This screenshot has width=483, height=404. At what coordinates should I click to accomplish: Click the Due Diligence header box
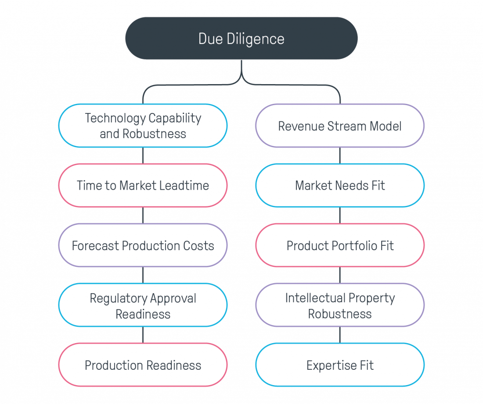pyautogui.click(x=241, y=39)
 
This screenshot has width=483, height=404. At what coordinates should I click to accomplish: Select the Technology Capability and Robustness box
pyautogui.click(x=143, y=126)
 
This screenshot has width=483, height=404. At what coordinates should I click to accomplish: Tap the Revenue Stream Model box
pyautogui.click(x=340, y=126)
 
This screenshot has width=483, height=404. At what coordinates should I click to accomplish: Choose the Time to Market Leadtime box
pyautogui.click(x=143, y=185)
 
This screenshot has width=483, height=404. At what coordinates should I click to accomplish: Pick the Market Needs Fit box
pyautogui.click(x=340, y=185)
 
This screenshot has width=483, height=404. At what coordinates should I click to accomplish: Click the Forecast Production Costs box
pyautogui.click(x=143, y=245)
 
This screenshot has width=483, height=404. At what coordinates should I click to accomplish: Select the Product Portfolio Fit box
pyautogui.click(x=340, y=245)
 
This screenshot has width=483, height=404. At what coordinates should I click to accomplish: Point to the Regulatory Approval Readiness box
pyautogui.click(x=143, y=305)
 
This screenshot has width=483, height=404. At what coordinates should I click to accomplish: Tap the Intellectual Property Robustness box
pyautogui.click(x=340, y=305)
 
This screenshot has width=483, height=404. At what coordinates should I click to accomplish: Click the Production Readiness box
pyautogui.click(x=143, y=365)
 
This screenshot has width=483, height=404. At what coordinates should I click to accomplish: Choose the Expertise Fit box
pyautogui.click(x=340, y=365)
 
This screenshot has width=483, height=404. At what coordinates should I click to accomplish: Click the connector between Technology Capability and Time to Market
pyautogui.click(x=143, y=156)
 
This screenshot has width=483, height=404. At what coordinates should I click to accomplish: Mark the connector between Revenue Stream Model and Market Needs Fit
pyautogui.click(x=340, y=156)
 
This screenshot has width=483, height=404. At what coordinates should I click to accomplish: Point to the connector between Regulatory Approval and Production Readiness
pyautogui.click(x=143, y=335)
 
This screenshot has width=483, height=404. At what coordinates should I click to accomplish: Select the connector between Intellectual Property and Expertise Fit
pyautogui.click(x=340, y=335)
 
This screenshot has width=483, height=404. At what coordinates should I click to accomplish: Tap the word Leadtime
pyautogui.click(x=184, y=186)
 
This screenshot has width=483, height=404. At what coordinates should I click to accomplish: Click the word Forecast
pyautogui.click(x=95, y=246)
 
